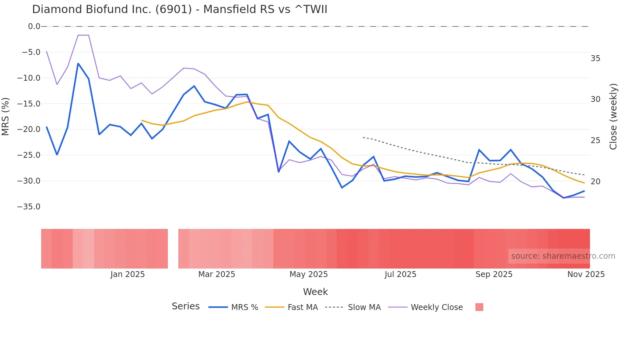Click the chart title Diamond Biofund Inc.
point(179,9)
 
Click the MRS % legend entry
point(233,307)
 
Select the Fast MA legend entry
point(291,307)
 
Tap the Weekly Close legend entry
point(425,307)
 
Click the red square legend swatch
point(479,307)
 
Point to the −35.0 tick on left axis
point(29,207)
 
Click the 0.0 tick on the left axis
point(34,26)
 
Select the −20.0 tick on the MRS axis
point(29,129)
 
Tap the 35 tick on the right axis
point(596,58)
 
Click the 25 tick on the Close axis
point(596,140)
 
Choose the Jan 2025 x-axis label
point(127,274)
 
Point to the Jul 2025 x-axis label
point(400,274)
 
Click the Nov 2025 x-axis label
point(586,274)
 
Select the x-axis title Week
point(315,292)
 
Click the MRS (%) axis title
point(6,116)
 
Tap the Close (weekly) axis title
point(613,116)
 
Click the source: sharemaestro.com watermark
point(563,256)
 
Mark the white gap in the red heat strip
point(173,249)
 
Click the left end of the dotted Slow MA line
point(363,138)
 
